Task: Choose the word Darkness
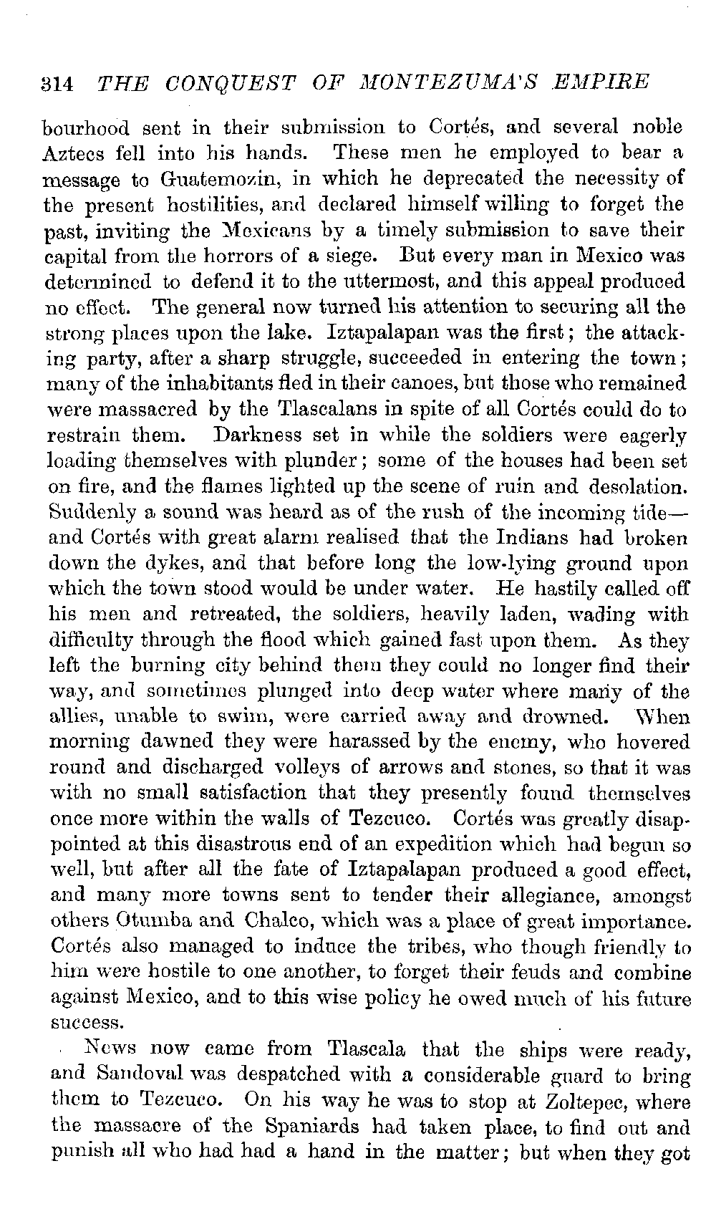coord(262,435)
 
